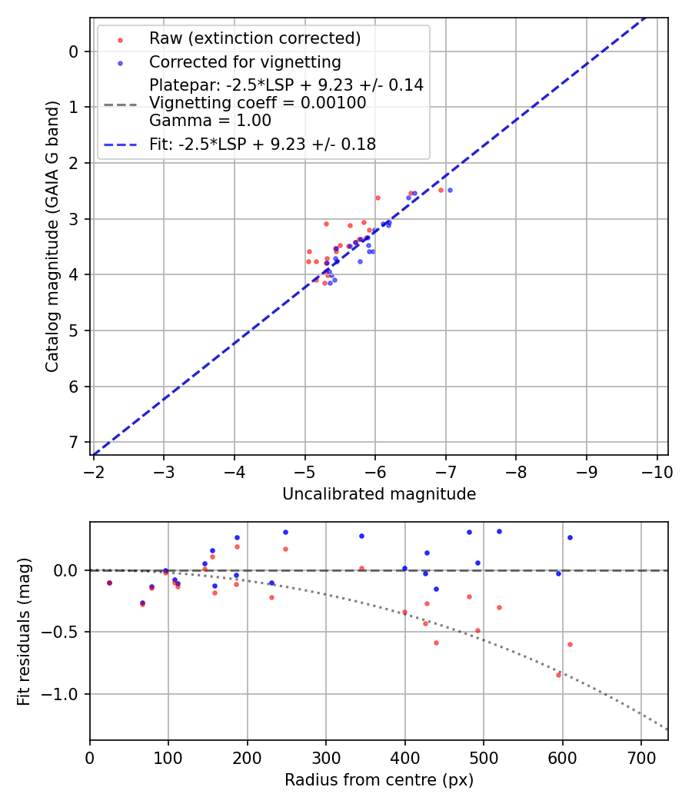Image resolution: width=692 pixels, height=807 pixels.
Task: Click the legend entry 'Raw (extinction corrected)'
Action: point(255,38)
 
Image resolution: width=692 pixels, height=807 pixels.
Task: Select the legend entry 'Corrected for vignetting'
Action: point(245,61)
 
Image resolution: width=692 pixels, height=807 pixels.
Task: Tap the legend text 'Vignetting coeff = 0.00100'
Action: point(258,103)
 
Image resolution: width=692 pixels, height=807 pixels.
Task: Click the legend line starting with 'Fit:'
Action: point(262,144)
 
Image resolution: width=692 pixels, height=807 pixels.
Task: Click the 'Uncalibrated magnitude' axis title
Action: point(378,494)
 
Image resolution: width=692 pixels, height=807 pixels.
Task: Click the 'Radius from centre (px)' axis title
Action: point(378,780)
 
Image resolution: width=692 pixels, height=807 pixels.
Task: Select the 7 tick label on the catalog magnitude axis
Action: point(74,442)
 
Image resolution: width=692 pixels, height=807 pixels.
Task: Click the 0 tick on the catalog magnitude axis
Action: point(74,51)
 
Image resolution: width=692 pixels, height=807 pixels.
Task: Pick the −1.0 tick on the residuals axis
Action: point(65,694)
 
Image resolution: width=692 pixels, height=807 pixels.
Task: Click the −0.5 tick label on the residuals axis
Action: point(65,632)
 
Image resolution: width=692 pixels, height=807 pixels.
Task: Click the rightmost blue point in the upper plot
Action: point(450,190)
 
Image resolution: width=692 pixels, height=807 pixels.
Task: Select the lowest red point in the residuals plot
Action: point(558,675)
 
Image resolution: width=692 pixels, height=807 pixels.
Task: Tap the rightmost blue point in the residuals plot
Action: point(570,537)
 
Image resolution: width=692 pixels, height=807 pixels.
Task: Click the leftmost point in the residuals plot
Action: point(109,583)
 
